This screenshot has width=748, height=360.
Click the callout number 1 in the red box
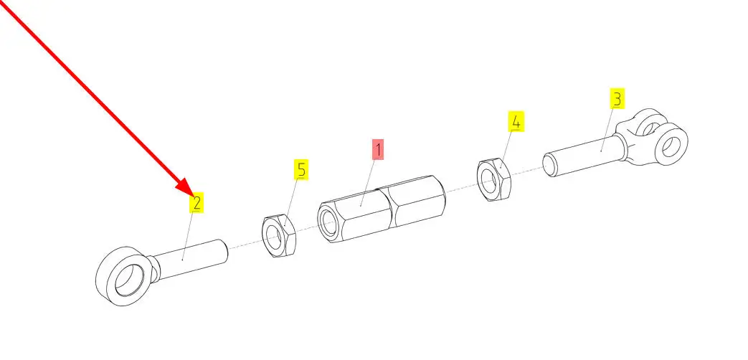click(x=378, y=150)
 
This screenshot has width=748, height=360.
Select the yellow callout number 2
click(x=197, y=203)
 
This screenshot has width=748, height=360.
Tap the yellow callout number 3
click(x=617, y=98)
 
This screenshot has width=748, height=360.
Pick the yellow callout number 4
click(x=516, y=122)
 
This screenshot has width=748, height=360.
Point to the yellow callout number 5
click(x=300, y=170)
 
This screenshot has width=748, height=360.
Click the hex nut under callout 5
click(x=280, y=235)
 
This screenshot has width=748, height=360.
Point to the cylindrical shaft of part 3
click(x=584, y=155)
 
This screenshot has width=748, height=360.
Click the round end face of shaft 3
click(x=550, y=165)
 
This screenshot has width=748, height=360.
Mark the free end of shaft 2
click(x=223, y=252)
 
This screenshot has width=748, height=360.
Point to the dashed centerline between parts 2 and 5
click(x=246, y=245)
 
